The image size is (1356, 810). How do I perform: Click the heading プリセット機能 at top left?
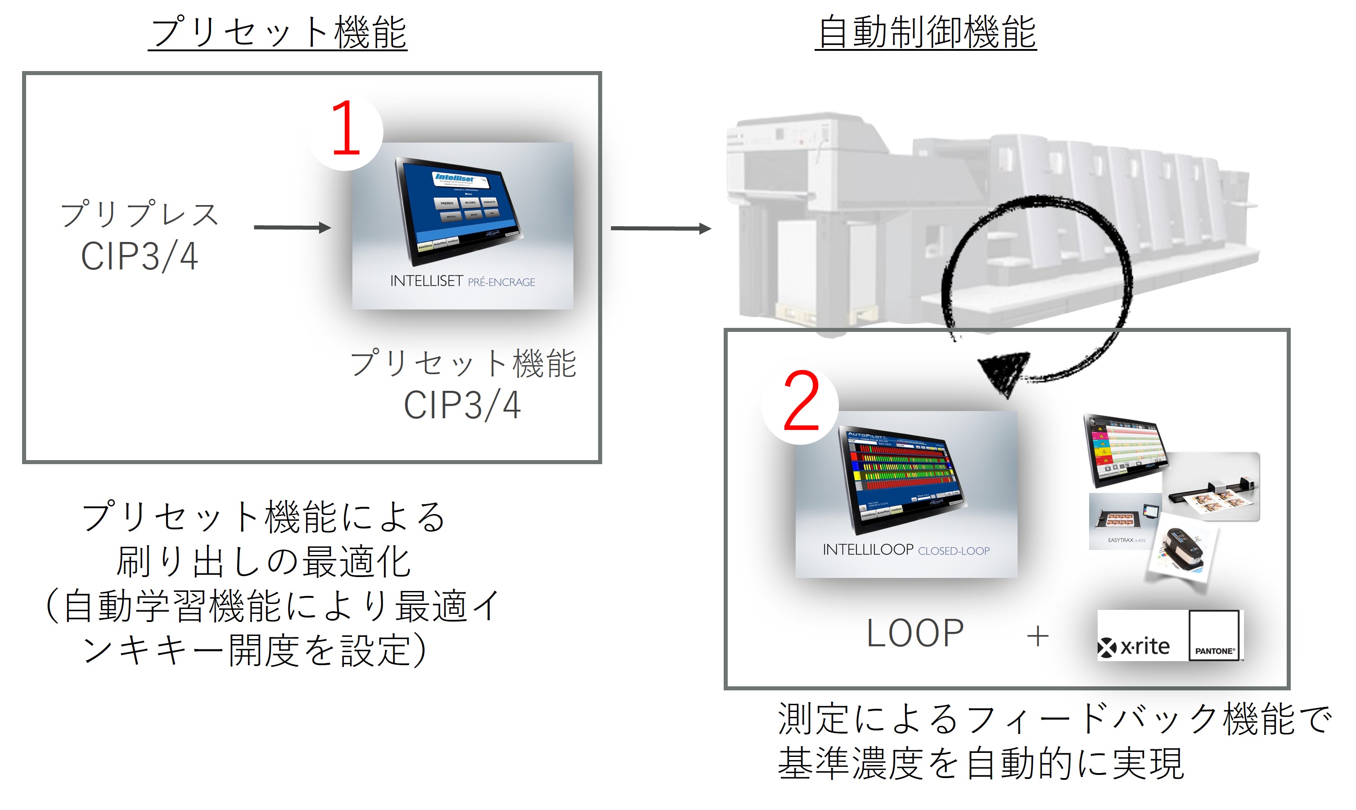[x=277, y=33]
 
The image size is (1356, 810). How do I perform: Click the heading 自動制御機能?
[x=926, y=33]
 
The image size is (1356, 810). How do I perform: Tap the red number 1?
[x=345, y=128]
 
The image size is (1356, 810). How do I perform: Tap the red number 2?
[x=801, y=401]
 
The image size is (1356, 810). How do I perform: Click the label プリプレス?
[x=139, y=214]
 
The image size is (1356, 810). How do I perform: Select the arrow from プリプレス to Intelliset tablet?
[x=292, y=227]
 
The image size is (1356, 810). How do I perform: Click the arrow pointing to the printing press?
[x=660, y=228]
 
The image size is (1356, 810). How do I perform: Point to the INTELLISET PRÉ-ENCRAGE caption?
[x=462, y=282]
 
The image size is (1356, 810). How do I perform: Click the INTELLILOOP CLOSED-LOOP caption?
[x=906, y=550]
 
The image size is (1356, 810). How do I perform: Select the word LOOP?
[x=915, y=634]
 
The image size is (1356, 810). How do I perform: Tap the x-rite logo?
[x=1134, y=647]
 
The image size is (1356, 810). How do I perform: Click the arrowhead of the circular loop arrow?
[x=1004, y=371]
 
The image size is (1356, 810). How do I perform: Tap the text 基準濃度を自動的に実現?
[x=980, y=763]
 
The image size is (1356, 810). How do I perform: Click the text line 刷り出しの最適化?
[x=263, y=562]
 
